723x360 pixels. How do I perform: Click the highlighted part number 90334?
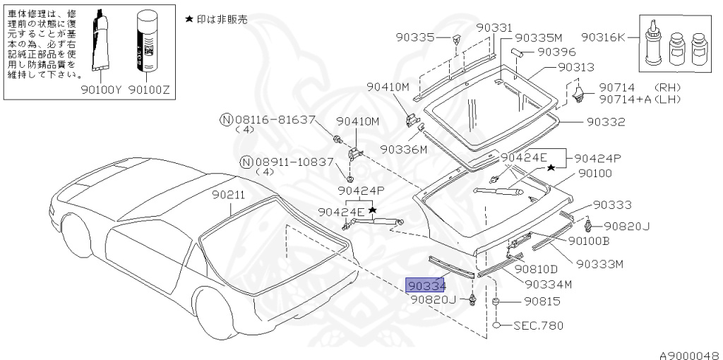click(x=426, y=285)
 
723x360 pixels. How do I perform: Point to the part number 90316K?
click(x=604, y=37)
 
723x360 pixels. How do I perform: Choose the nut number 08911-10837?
click(x=294, y=162)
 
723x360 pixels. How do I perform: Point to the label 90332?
click(x=606, y=121)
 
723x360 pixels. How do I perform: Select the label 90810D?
click(x=536, y=268)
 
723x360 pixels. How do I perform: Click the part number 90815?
click(x=542, y=302)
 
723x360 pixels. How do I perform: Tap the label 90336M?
click(x=404, y=150)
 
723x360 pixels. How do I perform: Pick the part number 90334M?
click(x=548, y=284)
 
